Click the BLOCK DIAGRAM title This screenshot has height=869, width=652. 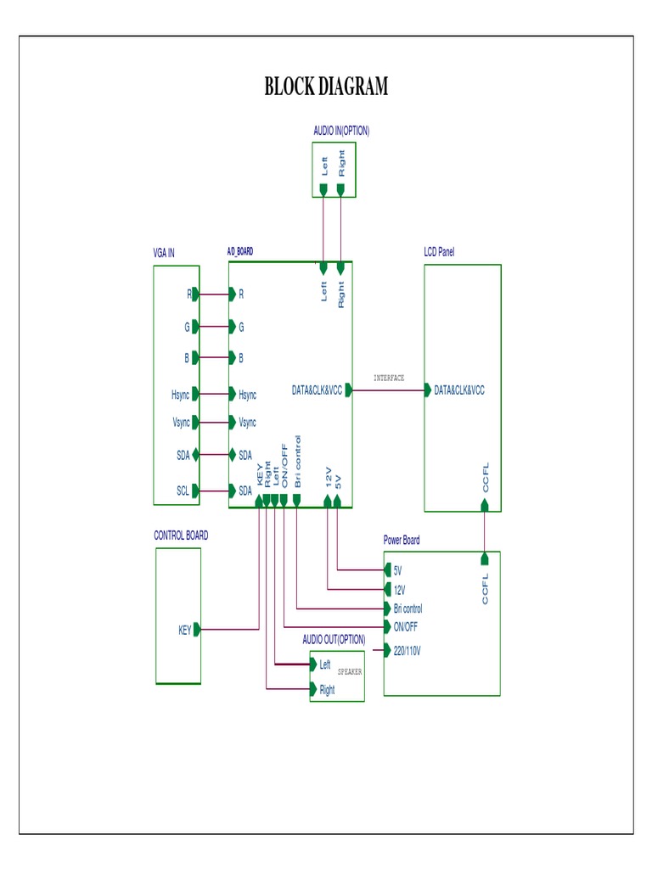click(x=326, y=87)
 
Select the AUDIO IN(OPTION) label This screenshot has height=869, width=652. click(x=340, y=131)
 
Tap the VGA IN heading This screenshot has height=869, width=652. click(x=164, y=253)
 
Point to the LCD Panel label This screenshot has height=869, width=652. click(x=439, y=252)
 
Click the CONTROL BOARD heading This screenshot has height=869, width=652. click(x=181, y=535)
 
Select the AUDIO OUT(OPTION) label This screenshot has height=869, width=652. click(x=334, y=639)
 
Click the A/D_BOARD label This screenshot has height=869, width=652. click(x=239, y=252)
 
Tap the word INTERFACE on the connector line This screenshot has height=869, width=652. click(x=389, y=378)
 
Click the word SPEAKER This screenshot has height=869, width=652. click(x=350, y=671)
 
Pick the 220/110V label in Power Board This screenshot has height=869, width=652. click(x=407, y=652)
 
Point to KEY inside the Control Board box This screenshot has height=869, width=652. click(x=184, y=630)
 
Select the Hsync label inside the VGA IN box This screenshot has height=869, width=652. click(x=180, y=395)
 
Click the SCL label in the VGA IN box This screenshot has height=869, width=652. click(x=183, y=491)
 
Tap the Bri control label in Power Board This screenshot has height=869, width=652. click(x=407, y=608)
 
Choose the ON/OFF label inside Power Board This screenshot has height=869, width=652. click(x=405, y=627)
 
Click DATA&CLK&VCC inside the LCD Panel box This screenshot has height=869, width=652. click(x=459, y=390)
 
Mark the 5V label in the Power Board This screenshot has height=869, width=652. click(x=397, y=570)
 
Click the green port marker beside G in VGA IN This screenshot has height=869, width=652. click(x=196, y=326)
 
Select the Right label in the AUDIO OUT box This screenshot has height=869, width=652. click(x=327, y=690)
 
